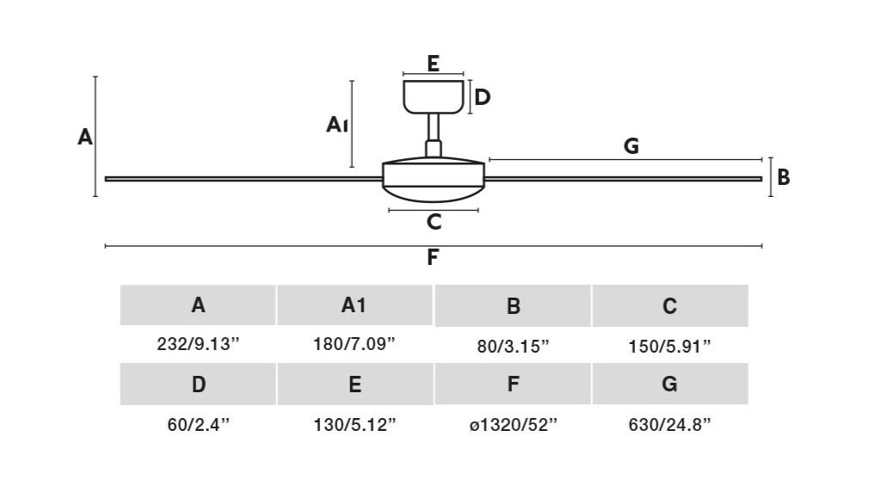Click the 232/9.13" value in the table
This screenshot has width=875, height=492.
pos(198,344)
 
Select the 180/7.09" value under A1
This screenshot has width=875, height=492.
pos(354,344)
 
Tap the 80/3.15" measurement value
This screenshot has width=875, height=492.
pos(513,347)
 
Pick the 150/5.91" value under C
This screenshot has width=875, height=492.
pos(669,347)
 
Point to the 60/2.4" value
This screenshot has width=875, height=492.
pos(198,425)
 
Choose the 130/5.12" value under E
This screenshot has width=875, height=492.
pos(354,425)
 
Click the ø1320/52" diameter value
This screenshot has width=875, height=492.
pos(513,425)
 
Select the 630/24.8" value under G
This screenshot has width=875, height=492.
pos(669,425)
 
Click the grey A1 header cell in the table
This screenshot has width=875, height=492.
pos(354,305)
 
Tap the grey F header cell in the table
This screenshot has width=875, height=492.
pos(513,384)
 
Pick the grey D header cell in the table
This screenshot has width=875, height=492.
pos(198,384)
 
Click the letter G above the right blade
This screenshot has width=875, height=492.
pos(632,146)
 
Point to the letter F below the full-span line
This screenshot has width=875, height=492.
pos(433,258)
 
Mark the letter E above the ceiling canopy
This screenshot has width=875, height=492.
pos(433,64)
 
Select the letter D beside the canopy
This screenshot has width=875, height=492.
pos(482,97)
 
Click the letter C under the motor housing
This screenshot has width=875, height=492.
pos(434,222)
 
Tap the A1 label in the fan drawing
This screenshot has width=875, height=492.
pos(337,125)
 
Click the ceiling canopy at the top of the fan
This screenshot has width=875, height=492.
pos(434,97)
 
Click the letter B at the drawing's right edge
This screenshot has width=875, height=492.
pos(784,177)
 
